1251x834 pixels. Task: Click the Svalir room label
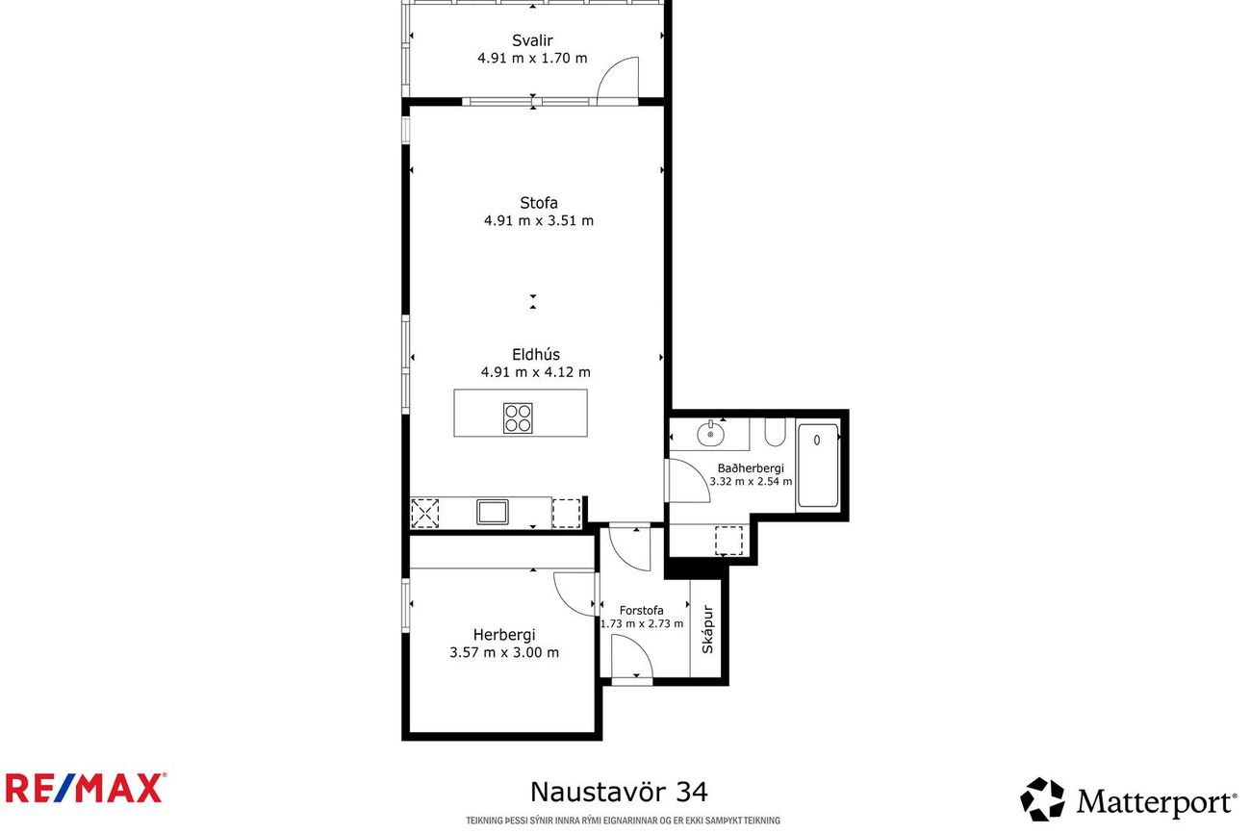pyautogui.click(x=532, y=40)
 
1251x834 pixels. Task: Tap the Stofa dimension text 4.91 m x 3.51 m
pyautogui.click(x=538, y=220)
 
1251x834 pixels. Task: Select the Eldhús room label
pyautogui.click(x=536, y=354)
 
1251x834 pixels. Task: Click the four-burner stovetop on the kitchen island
pyautogui.click(x=518, y=418)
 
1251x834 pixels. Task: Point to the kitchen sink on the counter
pyautogui.click(x=492, y=512)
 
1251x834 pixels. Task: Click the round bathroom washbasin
pyautogui.click(x=710, y=433)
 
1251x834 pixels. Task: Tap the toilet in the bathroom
pyautogui.click(x=776, y=432)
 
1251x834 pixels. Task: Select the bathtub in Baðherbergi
pyautogui.click(x=818, y=466)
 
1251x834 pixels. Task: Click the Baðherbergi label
pyautogui.click(x=751, y=468)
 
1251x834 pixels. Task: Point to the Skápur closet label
pyautogui.click(x=707, y=630)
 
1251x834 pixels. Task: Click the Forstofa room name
pyautogui.click(x=641, y=611)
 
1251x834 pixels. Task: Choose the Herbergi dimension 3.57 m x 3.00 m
pyautogui.click(x=503, y=652)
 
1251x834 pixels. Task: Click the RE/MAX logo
pyautogui.click(x=86, y=788)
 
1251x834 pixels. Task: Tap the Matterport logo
pyautogui.click(x=1128, y=799)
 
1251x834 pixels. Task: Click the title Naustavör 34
pyautogui.click(x=619, y=792)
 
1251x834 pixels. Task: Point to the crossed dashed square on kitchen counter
pyautogui.click(x=424, y=514)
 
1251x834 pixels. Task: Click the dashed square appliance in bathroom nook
pyautogui.click(x=728, y=541)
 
